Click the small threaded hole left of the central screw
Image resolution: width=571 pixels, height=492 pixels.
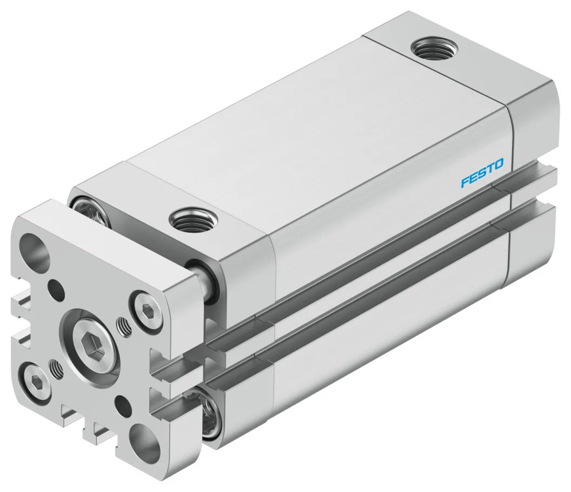56,368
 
